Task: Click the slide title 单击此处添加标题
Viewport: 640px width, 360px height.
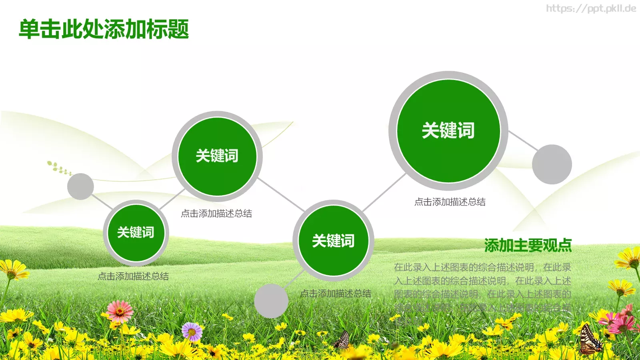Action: tap(104, 29)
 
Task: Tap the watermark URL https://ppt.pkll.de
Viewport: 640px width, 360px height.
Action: tap(591, 8)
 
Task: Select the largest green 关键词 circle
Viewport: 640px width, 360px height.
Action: tap(448, 131)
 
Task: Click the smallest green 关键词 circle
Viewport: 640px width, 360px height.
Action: tap(136, 233)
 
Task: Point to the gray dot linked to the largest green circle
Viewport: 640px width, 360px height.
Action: tap(552, 164)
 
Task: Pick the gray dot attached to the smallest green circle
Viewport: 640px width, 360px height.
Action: tap(80, 186)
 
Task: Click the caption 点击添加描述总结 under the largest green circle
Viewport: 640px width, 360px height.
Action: tap(450, 202)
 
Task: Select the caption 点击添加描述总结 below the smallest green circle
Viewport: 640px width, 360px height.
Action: tap(133, 276)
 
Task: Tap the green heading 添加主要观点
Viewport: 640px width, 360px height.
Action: tap(528, 245)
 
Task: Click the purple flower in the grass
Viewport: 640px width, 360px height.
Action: tap(192, 332)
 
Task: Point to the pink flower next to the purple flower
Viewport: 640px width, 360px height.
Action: tap(120, 311)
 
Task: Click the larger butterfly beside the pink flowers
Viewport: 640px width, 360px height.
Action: tap(590, 341)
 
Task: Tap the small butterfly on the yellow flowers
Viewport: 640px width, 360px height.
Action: tap(342, 340)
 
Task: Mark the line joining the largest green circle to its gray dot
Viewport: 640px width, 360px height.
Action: tap(523, 140)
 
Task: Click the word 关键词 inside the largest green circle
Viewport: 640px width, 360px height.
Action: tap(448, 131)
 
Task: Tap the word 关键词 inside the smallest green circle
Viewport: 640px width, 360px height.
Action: tap(136, 232)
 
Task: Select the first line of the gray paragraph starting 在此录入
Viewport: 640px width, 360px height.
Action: tap(482, 267)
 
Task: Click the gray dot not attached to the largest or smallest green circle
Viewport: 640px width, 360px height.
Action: tap(271, 301)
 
